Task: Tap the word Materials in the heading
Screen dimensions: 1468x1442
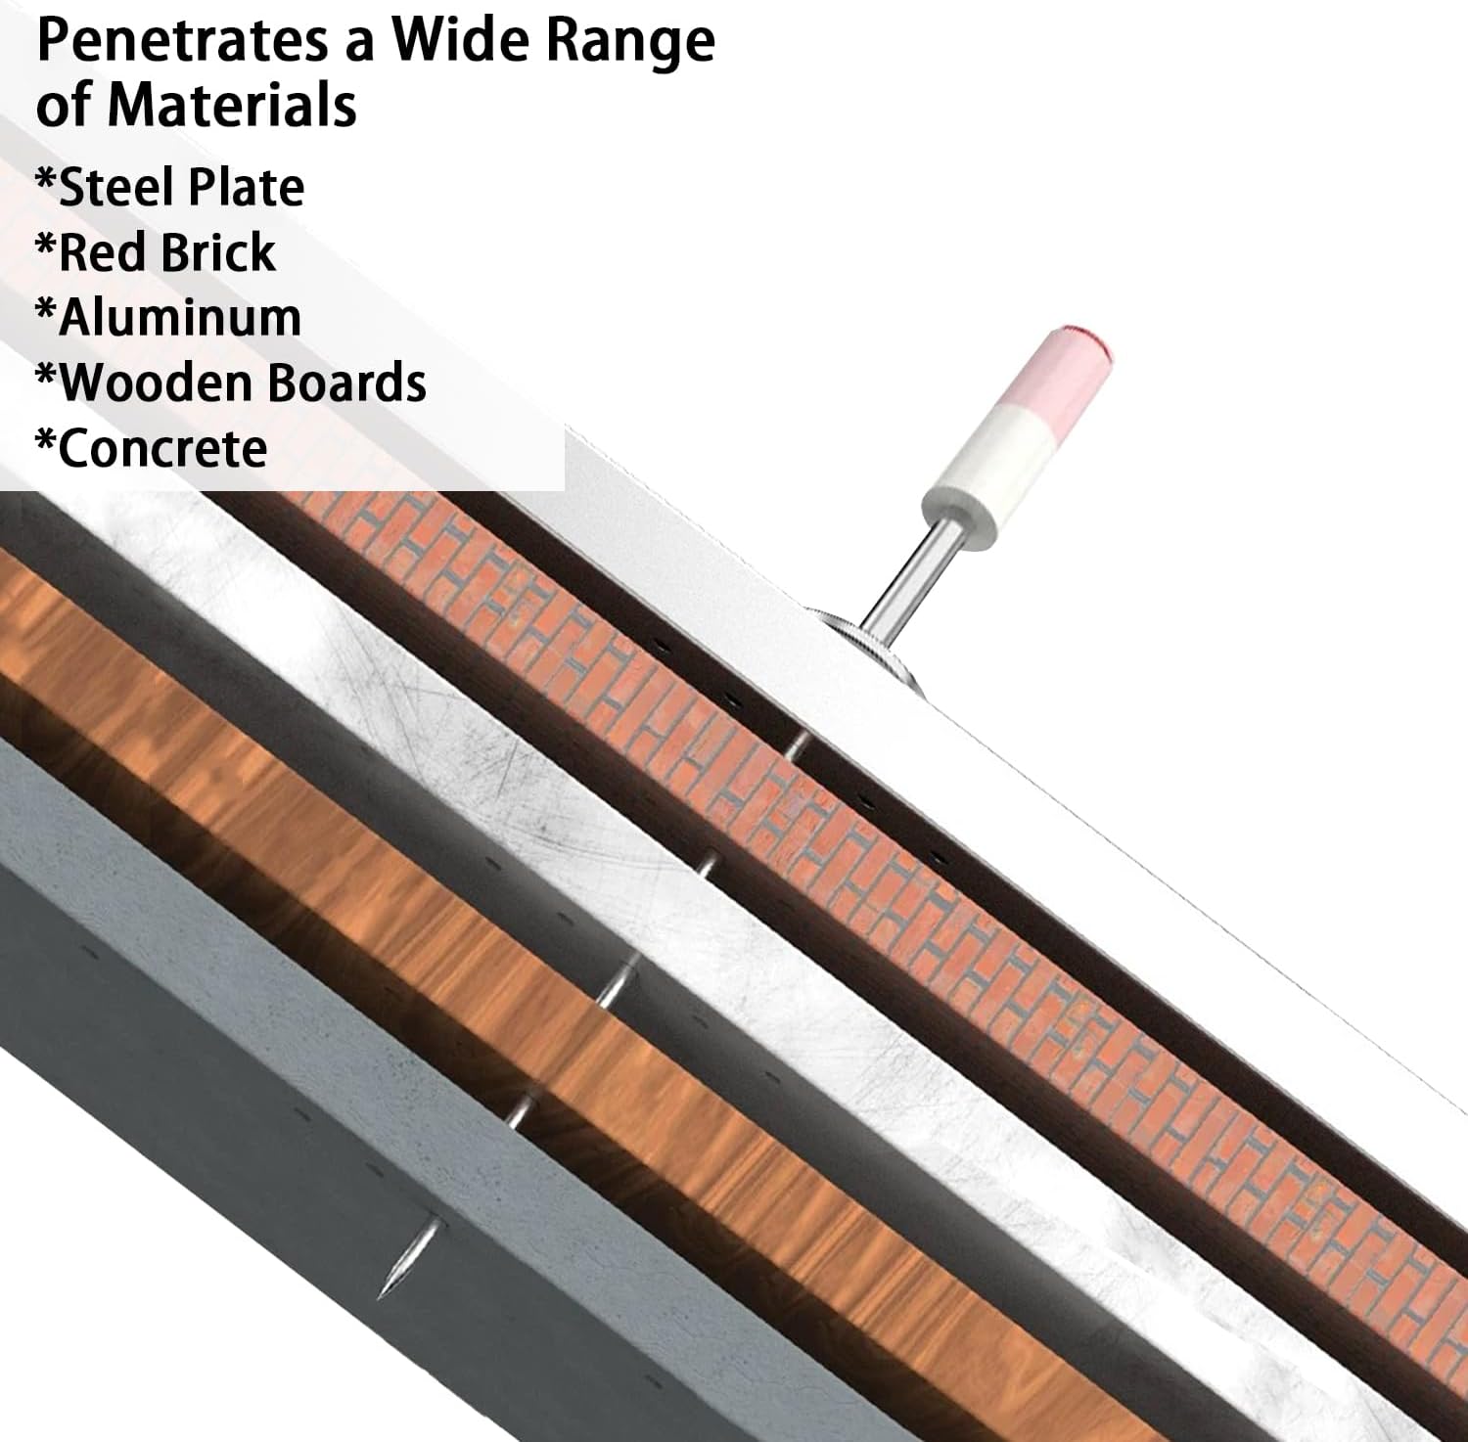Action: point(232,105)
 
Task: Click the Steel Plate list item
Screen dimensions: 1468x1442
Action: point(169,187)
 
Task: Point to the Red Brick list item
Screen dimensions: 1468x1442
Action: point(155,252)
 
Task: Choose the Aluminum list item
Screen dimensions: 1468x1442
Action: point(168,318)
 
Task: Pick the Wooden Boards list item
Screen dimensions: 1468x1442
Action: point(231,383)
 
